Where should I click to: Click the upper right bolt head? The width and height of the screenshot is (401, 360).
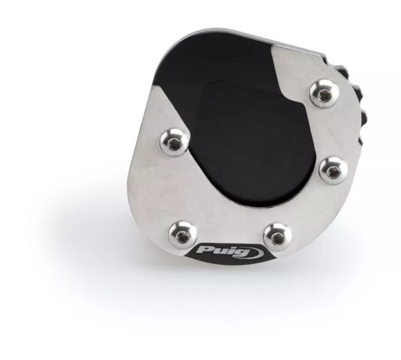pyautogui.click(x=324, y=94)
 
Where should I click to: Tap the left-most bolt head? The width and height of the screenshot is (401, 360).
pyautogui.click(x=174, y=142)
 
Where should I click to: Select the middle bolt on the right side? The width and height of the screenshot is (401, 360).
pyautogui.click(x=334, y=170)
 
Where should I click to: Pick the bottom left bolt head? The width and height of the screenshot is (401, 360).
pyautogui.click(x=182, y=235)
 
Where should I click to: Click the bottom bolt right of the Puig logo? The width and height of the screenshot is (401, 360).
pyautogui.click(x=277, y=237)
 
